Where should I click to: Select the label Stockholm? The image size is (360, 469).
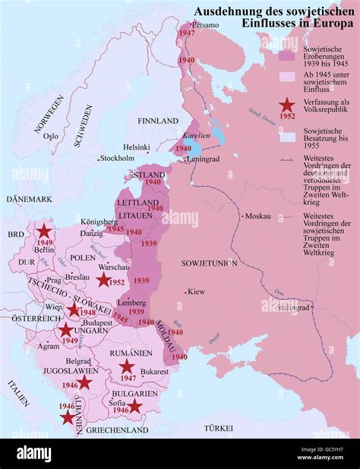pyautogui.click(x=117, y=158)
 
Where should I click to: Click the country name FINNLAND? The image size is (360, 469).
pyautogui.click(x=157, y=121)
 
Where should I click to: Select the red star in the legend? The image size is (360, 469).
pyautogui.click(x=287, y=107)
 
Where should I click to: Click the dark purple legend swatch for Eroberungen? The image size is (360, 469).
pyautogui.click(x=287, y=55)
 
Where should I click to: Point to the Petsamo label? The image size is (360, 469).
pyautogui.click(x=207, y=25)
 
